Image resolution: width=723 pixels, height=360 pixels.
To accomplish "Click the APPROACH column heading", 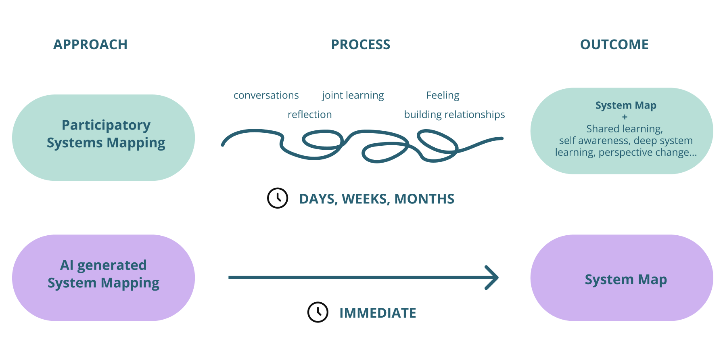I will coord(90,44).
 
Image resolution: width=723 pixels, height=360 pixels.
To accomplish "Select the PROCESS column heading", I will coord(361,44).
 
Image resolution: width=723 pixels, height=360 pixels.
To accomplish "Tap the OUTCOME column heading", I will coord(614,44).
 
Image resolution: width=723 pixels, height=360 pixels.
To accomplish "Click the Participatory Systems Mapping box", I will coord(104,137).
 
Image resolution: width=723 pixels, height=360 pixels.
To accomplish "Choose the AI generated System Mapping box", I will coord(104,278).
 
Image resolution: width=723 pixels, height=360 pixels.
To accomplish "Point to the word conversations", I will coord(266,95).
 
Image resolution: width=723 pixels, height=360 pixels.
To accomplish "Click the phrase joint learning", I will coord(353,95).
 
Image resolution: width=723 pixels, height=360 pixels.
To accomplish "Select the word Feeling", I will coord(443,95).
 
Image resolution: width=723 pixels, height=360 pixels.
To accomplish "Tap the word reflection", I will coord(309,115).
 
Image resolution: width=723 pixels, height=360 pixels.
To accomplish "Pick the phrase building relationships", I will coord(454,115).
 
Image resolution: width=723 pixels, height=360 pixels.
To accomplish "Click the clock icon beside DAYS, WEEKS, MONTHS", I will coord(278,198).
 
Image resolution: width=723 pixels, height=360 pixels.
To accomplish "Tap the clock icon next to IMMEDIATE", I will coord(318,312).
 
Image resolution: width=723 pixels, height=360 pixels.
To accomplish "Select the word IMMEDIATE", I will coord(378,313).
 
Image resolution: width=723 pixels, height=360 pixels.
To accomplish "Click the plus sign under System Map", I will coord(625,117).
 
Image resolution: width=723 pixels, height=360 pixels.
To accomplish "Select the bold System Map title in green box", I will coord(626,105).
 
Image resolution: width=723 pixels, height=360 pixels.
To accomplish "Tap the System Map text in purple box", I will coord(626,279).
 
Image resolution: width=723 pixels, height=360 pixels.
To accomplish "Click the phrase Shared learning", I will coord(624,129).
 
